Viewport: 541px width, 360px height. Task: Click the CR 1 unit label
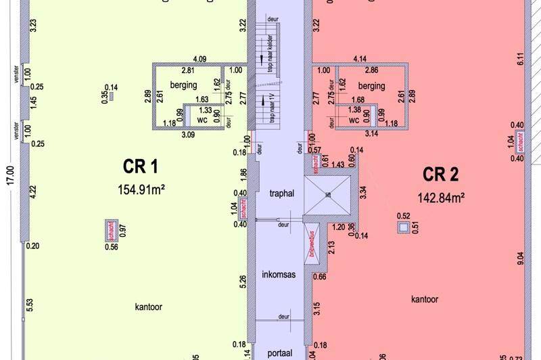(140, 166)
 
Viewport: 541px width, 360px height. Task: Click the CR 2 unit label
(441, 175)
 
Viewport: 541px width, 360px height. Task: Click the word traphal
(281, 194)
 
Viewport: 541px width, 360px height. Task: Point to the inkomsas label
(279, 275)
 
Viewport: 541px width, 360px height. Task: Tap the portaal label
(280, 353)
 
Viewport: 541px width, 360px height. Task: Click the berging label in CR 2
(371, 86)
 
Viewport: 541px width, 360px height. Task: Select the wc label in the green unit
(202, 120)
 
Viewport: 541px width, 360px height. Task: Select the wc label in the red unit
(354, 120)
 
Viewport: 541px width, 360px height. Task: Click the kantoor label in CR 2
(424, 298)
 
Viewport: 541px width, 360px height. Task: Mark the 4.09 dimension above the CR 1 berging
(199, 59)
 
